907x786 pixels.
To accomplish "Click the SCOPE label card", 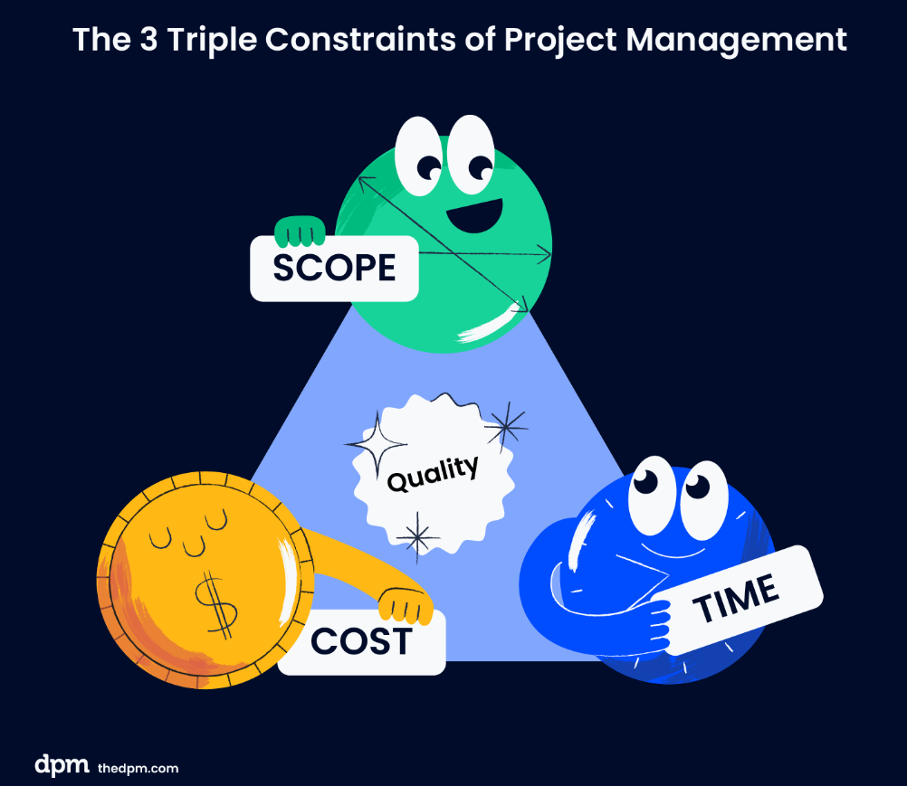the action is tap(334, 268).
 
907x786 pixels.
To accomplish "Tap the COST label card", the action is tap(361, 642).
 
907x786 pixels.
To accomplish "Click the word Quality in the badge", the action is tap(433, 473).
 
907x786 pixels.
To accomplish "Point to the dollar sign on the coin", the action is tap(216, 604).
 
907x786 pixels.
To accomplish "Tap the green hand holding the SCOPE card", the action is tap(299, 232).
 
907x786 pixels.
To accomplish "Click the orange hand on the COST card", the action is tap(406, 606).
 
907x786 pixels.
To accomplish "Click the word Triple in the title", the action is tap(212, 41).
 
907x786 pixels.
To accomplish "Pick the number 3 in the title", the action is tap(148, 40).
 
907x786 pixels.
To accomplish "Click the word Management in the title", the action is tap(736, 41).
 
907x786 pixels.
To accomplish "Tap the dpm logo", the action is tap(62, 764).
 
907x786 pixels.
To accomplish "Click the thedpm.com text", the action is tap(138, 768).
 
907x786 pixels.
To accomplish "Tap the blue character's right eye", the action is tap(702, 499).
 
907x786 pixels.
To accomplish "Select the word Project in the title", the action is tap(560, 41).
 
